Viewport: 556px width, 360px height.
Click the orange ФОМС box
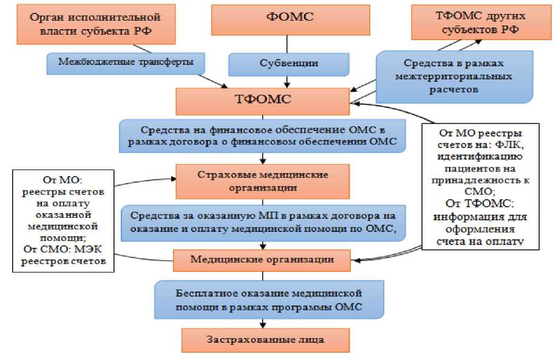click(x=290, y=19)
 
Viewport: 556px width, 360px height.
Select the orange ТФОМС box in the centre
click(x=263, y=100)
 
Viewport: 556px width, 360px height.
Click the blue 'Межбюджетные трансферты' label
click(x=126, y=61)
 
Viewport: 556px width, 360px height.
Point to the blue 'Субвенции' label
click(x=289, y=63)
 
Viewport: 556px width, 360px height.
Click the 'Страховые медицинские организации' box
click(x=263, y=180)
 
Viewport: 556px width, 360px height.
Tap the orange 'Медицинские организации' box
click(x=263, y=260)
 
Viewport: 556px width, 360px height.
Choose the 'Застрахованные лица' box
click(x=266, y=339)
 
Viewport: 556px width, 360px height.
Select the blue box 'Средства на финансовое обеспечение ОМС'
click(x=262, y=137)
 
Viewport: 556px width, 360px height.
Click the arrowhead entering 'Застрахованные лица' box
click(x=263, y=325)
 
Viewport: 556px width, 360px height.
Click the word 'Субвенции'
click(x=289, y=63)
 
